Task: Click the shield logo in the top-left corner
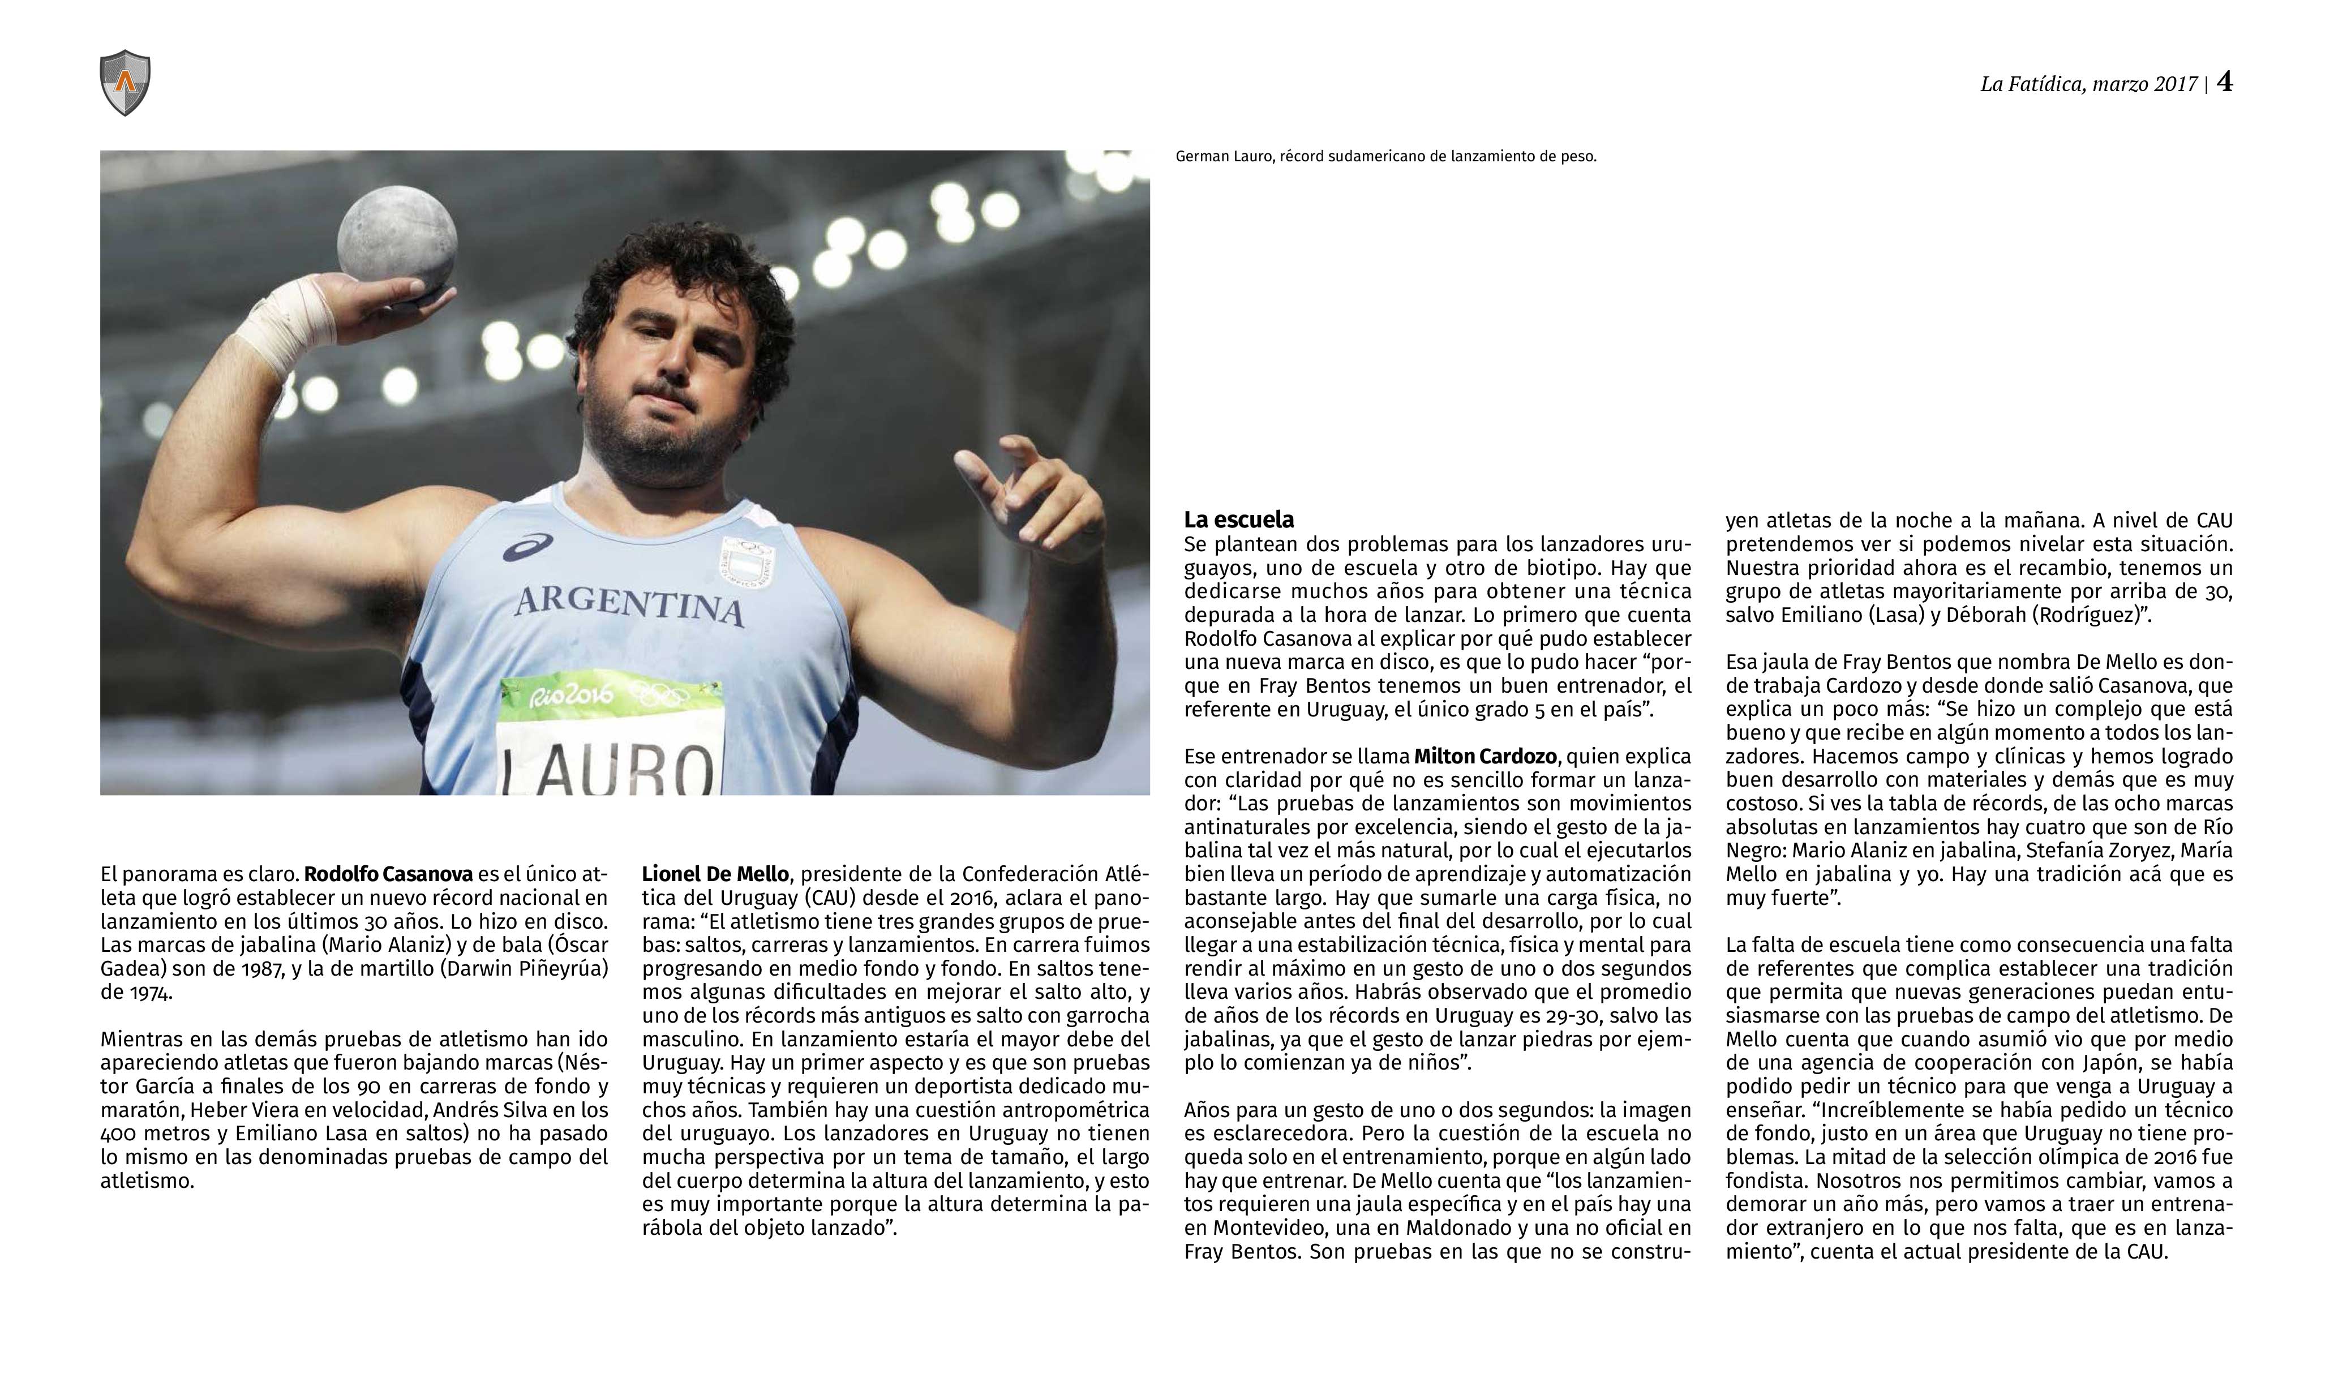[x=125, y=83]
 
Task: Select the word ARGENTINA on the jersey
[x=629, y=604]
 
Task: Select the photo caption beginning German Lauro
[x=1385, y=157]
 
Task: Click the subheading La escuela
[x=1238, y=520]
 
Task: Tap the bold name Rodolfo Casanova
[x=388, y=874]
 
